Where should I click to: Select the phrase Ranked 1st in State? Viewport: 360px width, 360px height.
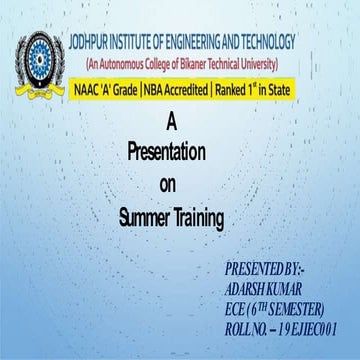click(253, 90)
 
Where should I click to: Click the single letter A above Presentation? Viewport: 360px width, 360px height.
click(170, 124)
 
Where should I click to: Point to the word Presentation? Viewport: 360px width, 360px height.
click(167, 154)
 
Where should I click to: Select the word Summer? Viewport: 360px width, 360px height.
click(145, 216)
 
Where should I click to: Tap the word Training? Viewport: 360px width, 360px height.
click(200, 216)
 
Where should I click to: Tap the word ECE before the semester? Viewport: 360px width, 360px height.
click(239, 307)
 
